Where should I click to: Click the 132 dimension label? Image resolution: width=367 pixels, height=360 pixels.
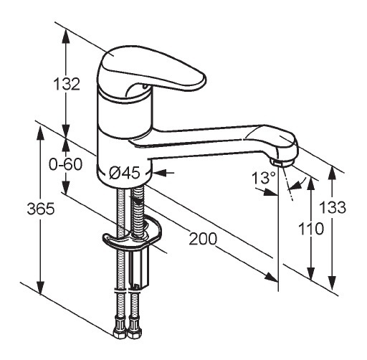point(67,84)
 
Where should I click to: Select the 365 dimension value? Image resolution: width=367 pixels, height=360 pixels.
point(41,209)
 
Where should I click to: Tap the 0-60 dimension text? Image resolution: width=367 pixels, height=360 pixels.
point(65,164)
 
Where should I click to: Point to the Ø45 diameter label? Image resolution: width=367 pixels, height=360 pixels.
point(124,173)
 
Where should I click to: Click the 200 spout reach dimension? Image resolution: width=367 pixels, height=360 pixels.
point(203,239)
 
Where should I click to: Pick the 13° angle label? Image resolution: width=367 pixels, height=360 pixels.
point(264,178)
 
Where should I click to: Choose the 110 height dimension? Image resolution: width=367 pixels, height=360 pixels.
point(311,229)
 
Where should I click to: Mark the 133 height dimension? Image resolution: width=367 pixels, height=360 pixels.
point(333,207)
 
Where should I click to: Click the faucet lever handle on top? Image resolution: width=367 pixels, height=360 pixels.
point(152,69)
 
